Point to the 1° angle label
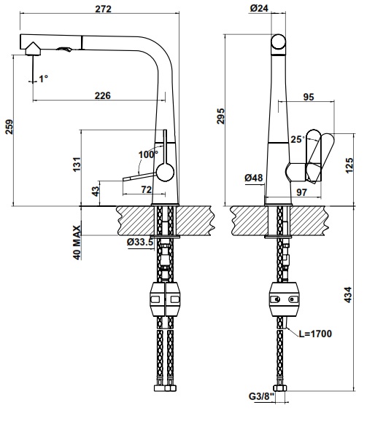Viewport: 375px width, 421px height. pyautogui.click(x=45, y=77)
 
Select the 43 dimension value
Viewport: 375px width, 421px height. pyautogui.click(x=96, y=191)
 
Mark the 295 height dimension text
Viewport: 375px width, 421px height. pyautogui.click(x=222, y=116)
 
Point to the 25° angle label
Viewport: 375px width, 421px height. pyautogui.click(x=295, y=138)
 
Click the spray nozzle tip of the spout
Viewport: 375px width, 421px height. pyautogui.click(x=31, y=51)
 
